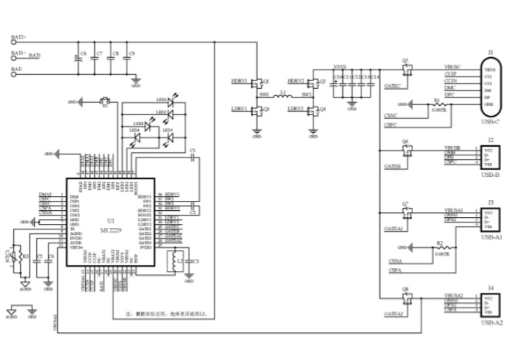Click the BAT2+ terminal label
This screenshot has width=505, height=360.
pos(19,37)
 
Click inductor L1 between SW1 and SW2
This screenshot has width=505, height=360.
pos(283,96)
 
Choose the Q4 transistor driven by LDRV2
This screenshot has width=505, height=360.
pos(317,110)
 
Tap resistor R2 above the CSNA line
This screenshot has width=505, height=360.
pos(440,248)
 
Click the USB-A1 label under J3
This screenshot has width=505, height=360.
pos(490,239)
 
